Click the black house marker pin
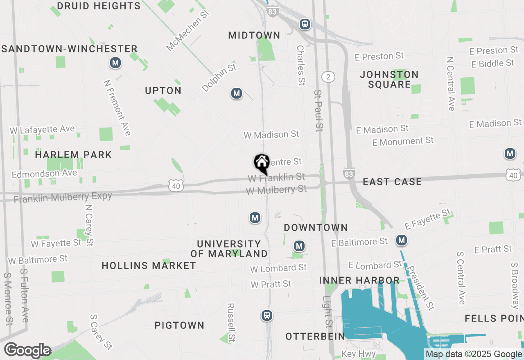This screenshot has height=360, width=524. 262,163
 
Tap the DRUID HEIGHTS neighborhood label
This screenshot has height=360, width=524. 99,6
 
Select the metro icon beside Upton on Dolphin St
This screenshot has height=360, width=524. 236,94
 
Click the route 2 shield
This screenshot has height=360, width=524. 328,76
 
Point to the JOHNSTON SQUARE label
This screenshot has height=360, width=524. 389,79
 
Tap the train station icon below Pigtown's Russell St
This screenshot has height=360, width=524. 267,315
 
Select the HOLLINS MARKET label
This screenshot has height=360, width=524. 149,265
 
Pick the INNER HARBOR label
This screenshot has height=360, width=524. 359,280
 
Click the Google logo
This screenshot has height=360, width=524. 28,350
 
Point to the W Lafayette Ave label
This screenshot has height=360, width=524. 43,130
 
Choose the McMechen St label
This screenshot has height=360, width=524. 188,30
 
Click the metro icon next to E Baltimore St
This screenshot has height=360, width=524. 402,240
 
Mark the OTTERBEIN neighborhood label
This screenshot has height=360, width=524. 315,336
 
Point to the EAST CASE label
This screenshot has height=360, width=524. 392,182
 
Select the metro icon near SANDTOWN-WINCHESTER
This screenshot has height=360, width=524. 116,63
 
